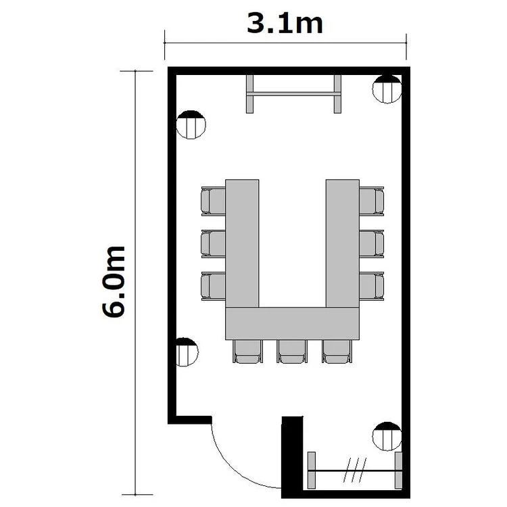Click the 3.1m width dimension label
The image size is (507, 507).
pos(285,24)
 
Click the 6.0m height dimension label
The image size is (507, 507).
pos(113,282)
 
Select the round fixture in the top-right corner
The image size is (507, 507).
pos(387,89)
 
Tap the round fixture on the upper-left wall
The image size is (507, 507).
pos(191,124)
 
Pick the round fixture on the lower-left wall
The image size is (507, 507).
pos(187,352)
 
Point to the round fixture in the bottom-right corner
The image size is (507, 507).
pos(387,436)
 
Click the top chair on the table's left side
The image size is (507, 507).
pos(214,201)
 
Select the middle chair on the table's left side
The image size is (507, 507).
pos(214,244)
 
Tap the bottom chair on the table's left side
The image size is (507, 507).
pos(214,286)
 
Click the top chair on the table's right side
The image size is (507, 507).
pos(372,201)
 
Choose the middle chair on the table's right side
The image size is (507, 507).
pos(372,244)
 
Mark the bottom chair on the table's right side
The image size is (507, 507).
pos(372,286)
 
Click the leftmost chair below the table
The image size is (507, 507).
pos(247,351)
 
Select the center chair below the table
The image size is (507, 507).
pos(292,351)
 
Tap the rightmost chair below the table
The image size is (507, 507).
pos(337,351)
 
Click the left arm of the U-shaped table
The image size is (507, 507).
pos(242,243)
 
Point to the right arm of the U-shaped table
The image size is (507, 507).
pos(343,243)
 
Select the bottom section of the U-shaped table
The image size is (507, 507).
pos(292,323)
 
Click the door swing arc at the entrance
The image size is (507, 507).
pos(235,468)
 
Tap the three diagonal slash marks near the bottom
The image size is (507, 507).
pos(355,470)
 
